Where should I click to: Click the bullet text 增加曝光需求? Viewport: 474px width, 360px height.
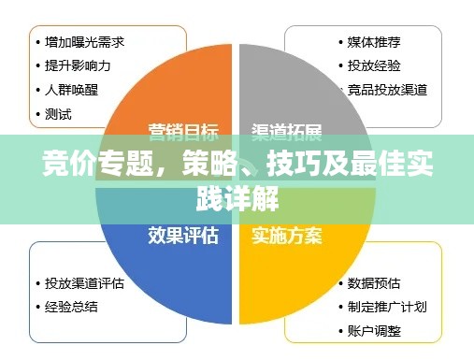tap(85, 41)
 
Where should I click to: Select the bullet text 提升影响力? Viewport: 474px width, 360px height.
tap(79, 65)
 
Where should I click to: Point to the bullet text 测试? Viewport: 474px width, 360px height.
tap(59, 114)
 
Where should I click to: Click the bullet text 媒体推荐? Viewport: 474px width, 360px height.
tap(374, 41)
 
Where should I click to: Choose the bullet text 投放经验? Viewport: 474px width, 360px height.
tap(374, 65)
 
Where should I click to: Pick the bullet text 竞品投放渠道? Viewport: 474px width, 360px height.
tap(387, 90)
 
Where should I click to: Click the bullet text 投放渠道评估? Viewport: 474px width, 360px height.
tap(85, 281)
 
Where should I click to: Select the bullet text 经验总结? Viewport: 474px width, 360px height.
tap(72, 306)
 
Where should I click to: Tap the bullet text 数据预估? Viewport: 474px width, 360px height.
tap(374, 281)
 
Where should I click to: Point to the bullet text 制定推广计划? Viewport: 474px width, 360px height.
tap(387, 306)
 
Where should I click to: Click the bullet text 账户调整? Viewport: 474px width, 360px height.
tap(374, 330)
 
